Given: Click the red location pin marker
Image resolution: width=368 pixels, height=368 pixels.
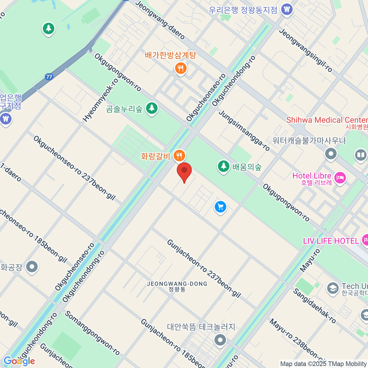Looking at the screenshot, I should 184,171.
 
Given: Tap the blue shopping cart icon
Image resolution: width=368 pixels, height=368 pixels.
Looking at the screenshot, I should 220,207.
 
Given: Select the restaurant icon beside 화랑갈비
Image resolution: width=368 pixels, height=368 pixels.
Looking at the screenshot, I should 179,156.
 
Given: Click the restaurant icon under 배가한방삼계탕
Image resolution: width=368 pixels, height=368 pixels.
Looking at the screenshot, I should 181,68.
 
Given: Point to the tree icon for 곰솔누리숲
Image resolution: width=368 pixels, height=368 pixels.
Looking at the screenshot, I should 151,108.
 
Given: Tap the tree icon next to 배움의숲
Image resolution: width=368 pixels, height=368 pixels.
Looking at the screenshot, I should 224,167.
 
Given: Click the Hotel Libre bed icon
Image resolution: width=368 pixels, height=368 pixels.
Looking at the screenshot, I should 340,178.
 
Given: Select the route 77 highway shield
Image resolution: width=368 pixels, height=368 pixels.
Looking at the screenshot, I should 49,77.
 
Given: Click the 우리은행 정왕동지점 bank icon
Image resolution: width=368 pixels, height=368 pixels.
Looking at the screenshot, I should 287,9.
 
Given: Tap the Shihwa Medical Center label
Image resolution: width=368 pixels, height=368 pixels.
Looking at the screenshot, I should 327,120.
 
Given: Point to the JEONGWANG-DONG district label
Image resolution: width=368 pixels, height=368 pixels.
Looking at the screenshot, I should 177,284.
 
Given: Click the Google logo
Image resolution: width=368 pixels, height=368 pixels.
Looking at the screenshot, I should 19,361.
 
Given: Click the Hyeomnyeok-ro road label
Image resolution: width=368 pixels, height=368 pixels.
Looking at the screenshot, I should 101,100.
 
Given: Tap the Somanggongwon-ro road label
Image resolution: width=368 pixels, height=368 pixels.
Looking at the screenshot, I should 92,333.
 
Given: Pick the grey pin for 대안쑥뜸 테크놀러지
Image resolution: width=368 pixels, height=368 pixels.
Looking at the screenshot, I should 220,340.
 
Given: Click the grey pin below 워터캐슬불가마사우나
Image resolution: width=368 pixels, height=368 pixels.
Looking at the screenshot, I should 331,153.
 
